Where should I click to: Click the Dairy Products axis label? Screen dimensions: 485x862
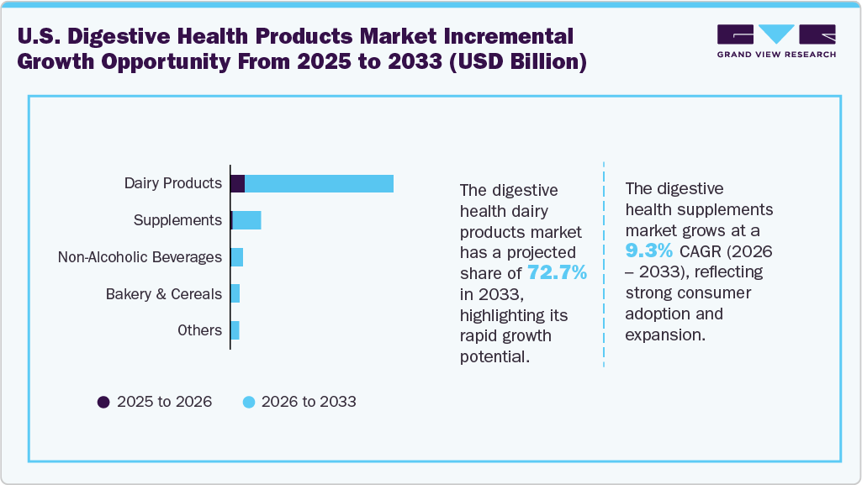point(172,183)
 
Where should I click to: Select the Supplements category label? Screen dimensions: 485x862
point(177,220)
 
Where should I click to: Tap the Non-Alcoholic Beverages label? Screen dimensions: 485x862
point(140,257)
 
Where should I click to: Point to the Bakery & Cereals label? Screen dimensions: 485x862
point(164,294)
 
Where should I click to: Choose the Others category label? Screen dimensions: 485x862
point(199,330)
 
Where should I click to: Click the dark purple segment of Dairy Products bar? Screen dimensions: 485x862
point(238,183)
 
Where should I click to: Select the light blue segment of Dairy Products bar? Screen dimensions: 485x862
point(320,183)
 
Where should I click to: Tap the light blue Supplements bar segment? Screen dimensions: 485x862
point(247,220)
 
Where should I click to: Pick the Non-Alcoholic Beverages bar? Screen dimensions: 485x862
point(237,257)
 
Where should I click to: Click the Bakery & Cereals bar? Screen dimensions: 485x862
point(235,294)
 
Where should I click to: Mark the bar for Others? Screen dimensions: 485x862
point(235,330)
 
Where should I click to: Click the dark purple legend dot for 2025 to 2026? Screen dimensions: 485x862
point(104,402)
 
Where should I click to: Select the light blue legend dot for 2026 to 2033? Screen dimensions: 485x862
point(249,402)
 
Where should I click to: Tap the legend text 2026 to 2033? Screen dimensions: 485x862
point(309,402)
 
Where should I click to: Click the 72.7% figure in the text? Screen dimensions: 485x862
point(557,273)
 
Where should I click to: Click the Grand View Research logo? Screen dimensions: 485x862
point(775,40)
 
